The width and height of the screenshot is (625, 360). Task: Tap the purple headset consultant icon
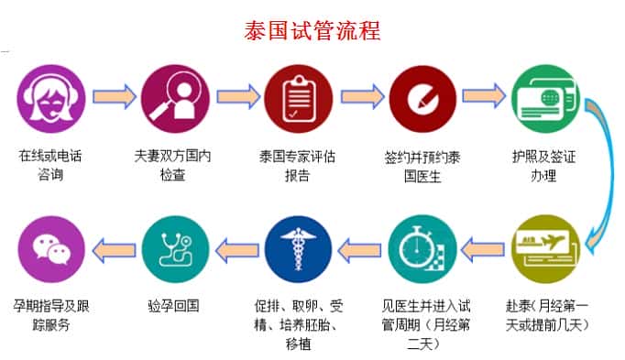point(51,95)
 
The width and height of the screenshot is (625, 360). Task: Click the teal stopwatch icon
point(421,248)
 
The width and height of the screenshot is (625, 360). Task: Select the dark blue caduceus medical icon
point(297,248)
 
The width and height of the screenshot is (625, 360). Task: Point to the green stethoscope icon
point(172,248)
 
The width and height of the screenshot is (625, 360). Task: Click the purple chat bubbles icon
point(51,248)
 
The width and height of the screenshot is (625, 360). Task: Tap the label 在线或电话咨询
point(50,165)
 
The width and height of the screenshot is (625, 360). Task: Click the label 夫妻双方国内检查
point(172,165)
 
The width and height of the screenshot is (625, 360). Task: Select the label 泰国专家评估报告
point(297,165)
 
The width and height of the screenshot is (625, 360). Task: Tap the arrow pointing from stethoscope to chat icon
point(111,248)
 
